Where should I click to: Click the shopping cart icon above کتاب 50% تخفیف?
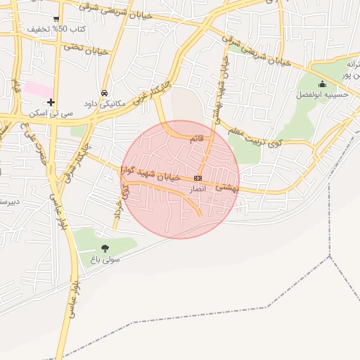click(x=56, y=19)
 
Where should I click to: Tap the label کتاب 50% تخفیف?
click(x=56, y=30)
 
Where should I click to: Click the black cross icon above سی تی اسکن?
click(x=51, y=102)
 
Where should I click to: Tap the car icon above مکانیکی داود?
click(x=104, y=93)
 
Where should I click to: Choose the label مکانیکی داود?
click(x=104, y=103)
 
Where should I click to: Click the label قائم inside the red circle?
click(x=197, y=139)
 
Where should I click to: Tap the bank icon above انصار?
click(x=198, y=179)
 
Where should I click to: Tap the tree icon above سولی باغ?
click(x=105, y=247)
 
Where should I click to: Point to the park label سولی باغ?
click(x=104, y=258)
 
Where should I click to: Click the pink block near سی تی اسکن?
click(x=39, y=89)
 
